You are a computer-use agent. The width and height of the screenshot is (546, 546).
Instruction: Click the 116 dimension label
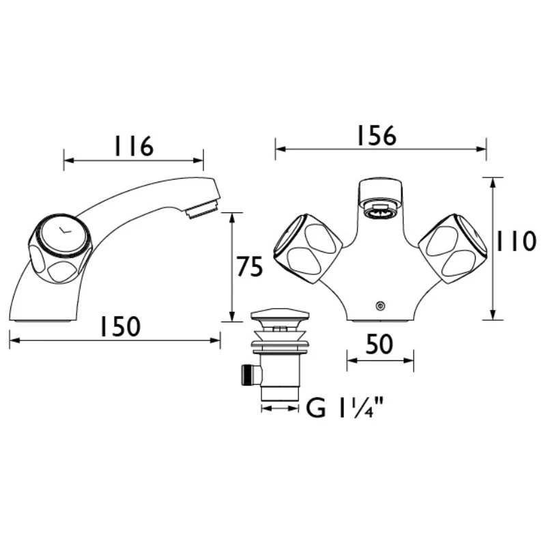pyautogui.click(x=133, y=145)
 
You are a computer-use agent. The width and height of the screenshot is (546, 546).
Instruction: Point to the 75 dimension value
pyautogui.click(x=249, y=268)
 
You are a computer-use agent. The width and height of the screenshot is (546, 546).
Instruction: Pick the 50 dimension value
pyautogui.click(x=379, y=345)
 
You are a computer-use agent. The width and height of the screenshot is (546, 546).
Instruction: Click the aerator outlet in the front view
pyautogui.click(x=379, y=210)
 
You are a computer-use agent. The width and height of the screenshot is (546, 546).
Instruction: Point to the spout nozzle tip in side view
pyautogui.click(x=203, y=206)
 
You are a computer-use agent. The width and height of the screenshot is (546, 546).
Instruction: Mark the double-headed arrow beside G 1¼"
pyautogui.click(x=281, y=408)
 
